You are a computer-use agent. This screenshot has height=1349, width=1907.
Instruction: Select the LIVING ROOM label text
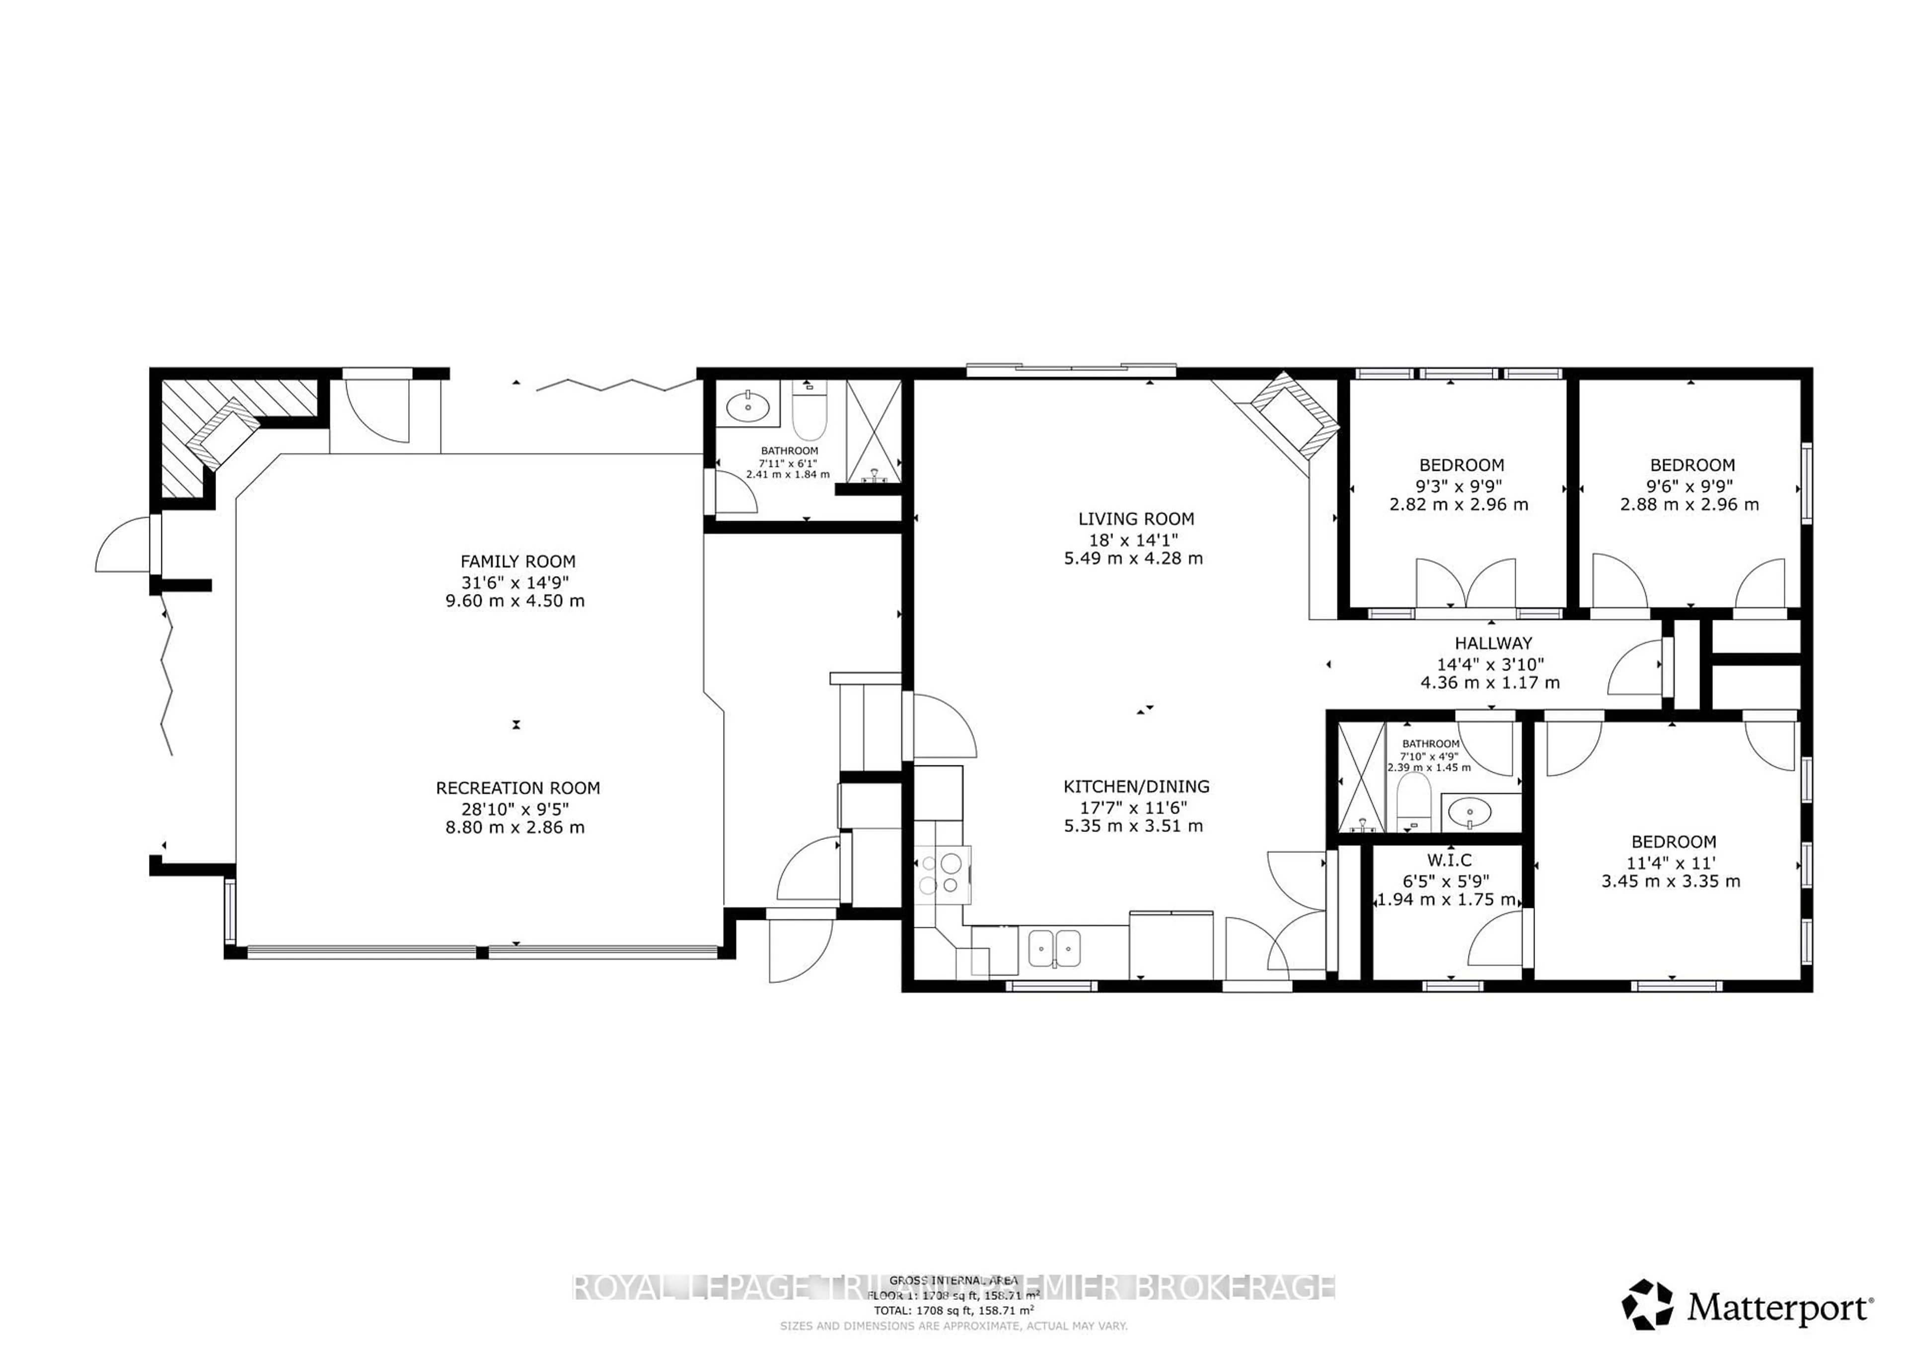coord(1135,519)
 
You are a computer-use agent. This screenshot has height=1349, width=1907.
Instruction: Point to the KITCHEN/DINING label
coord(1135,786)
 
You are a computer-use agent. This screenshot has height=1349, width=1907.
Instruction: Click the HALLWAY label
coord(1492,643)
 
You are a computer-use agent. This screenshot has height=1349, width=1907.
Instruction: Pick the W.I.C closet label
coord(1449,861)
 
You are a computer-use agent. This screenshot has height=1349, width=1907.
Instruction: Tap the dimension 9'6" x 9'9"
coord(1689,485)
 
